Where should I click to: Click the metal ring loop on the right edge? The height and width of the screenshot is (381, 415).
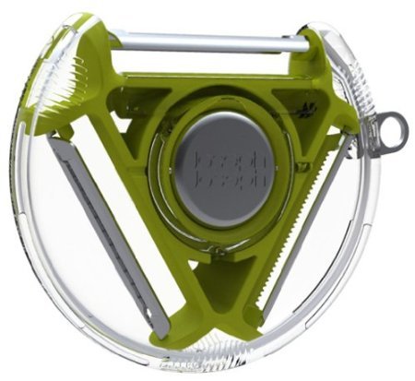click(394, 129)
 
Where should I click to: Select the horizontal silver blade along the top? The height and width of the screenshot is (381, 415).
click(209, 45)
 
